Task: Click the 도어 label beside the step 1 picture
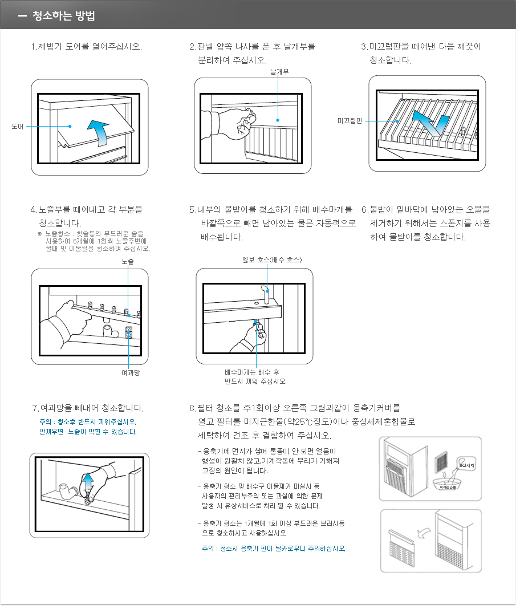(x=17, y=126)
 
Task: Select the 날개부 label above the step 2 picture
(x=279, y=72)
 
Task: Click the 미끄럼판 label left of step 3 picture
(x=350, y=121)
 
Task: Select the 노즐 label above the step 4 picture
(x=128, y=261)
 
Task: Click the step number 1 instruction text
(x=86, y=46)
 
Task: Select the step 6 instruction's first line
(x=425, y=210)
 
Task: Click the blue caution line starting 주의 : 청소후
(x=87, y=422)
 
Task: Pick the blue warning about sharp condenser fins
(x=270, y=548)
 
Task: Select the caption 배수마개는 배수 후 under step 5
(x=255, y=372)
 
